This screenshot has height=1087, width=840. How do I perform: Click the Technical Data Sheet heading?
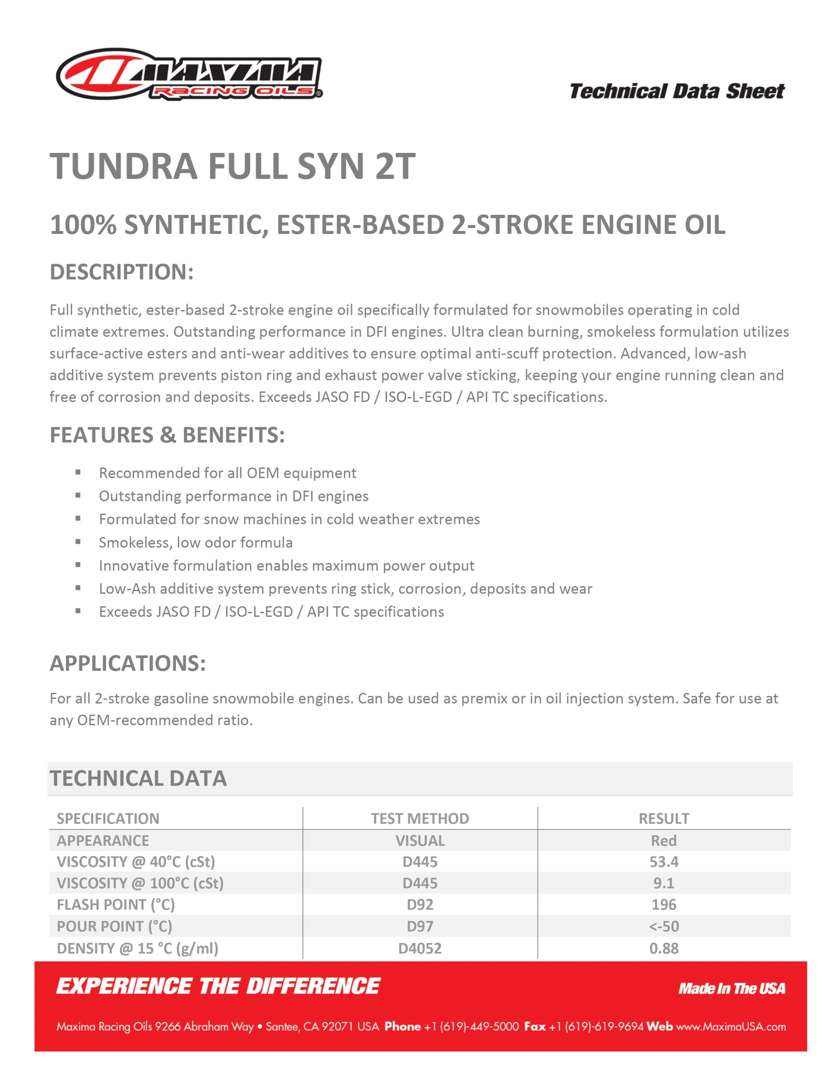tap(677, 92)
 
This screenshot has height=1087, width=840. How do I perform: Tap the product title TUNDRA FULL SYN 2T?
tap(233, 166)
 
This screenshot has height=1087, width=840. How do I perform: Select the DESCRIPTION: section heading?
tap(121, 272)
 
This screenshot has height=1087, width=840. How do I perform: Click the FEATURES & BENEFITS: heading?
tap(167, 435)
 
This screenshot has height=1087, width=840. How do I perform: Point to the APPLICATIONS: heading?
tap(127, 663)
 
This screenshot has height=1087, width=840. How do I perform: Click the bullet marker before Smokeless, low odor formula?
tap(78, 542)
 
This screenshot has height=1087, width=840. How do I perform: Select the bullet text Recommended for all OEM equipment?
tap(228, 473)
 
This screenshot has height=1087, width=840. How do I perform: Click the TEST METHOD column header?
tap(420, 819)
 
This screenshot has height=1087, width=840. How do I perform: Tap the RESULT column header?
tap(664, 819)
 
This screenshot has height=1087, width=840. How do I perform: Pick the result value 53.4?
tap(664, 862)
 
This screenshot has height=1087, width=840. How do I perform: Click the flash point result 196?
tap(664, 905)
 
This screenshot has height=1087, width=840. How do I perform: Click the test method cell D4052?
tap(420, 949)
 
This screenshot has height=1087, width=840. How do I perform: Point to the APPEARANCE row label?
tap(103, 841)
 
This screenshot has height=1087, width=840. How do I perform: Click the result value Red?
tap(664, 841)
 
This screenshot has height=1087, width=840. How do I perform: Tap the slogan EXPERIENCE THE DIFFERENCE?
tap(218, 986)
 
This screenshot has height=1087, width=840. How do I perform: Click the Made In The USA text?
tap(731, 988)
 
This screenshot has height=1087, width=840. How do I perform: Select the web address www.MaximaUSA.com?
tap(730, 1027)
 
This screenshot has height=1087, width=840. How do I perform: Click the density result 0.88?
tap(664, 949)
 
